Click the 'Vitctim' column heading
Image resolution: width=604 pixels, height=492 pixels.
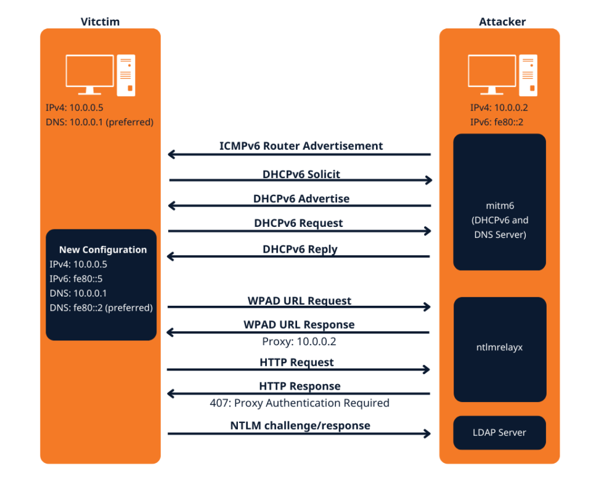(100, 22)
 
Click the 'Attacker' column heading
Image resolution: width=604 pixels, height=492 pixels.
(502, 22)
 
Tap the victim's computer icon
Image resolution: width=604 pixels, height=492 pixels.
(100, 75)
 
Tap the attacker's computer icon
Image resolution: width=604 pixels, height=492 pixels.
(502, 75)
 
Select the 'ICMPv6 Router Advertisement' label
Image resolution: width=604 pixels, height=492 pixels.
(301, 146)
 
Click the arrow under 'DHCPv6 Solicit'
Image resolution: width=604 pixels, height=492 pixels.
(300, 180)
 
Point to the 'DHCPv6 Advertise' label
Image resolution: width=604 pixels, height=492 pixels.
(301, 199)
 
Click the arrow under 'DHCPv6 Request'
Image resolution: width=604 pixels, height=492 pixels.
(300, 231)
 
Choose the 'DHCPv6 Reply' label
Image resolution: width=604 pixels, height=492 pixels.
(300, 249)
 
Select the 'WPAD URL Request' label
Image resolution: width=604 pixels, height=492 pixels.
(299, 301)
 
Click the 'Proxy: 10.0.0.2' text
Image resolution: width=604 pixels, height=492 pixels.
(299, 341)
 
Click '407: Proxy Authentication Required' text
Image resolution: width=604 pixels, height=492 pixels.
(299, 403)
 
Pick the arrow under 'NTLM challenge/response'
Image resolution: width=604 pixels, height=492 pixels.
(299, 433)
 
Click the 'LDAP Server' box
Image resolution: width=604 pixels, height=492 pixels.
(499, 432)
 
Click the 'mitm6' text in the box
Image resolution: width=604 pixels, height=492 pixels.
(499, 207)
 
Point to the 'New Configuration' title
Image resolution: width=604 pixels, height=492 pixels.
(103, 250)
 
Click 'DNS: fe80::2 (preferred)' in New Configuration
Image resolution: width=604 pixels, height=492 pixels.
(101, 307)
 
